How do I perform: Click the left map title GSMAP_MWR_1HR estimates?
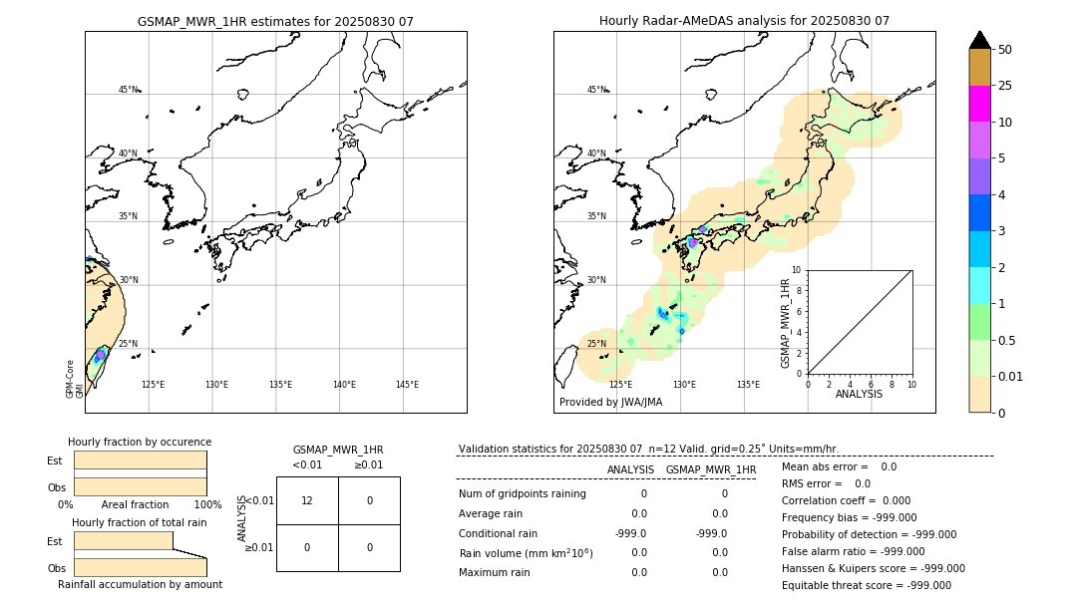pos(275,21)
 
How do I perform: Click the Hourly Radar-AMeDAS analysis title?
pos(744,21)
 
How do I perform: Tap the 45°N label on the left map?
pos(128,90)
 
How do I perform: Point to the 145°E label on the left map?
pos(407,385)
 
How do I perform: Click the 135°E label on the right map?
pos(748,385)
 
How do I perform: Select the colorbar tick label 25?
pos(1005,86)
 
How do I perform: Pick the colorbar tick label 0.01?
pos(1011,376)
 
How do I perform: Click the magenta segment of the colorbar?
pos(979,104)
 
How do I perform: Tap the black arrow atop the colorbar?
pos(979,40)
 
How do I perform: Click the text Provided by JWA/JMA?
pos(610,403)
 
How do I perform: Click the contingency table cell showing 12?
pos(307,500)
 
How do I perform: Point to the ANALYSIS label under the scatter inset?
pos(859,395)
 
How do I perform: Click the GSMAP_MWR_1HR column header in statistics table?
pos(710,469)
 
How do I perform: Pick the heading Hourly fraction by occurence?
pos(140,442)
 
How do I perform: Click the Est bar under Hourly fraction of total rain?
pos(124,540)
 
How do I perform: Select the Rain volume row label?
pos(526,553)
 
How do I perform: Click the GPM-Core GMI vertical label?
pos(75,379)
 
